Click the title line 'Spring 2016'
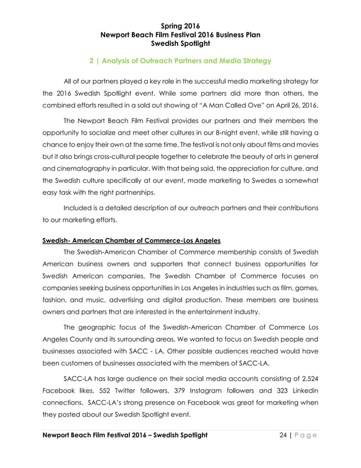(180, 25)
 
